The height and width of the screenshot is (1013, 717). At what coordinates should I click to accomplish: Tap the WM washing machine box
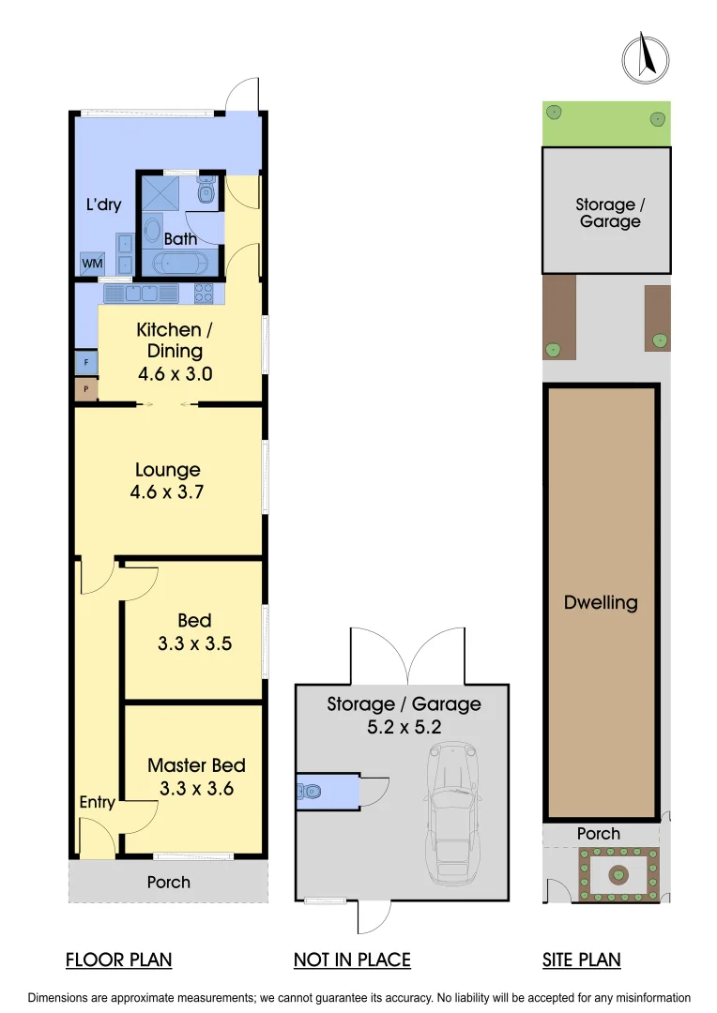pyautogui.click(x=92, y=264)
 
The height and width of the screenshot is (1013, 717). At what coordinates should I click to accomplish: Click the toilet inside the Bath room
pyautogui.click(x=207, y=193)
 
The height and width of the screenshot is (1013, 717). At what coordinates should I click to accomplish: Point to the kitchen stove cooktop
pyautogui.click(x=204, y=294)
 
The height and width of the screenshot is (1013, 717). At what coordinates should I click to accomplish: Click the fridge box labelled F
pyautogui.click(x=86, y=362)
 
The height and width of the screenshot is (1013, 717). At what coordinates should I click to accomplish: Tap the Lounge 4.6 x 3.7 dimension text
pyautogui.click(x=167, y=491)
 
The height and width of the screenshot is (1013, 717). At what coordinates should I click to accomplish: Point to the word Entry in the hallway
pyautogui.click(x=97, y=802)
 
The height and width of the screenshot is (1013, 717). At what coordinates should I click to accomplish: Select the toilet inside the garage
pyautogui.click(x=311, y=792)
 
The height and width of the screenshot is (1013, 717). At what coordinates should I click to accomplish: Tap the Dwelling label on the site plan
pyautogui.click(x=601, y=602)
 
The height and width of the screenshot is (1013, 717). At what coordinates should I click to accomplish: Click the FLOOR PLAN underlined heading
pyautogui.click(x=118, y=960)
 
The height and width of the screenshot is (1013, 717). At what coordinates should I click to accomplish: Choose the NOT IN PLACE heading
pyautogui.click(x=352, y=960)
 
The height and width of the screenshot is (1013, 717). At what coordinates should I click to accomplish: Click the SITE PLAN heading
pyautogui.click(x=581, y=960)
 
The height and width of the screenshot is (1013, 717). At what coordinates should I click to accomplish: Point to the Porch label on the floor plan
pyautogui.click(x=169, y=882)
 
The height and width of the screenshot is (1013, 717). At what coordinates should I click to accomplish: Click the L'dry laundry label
pyautogui.click(x=103, y=204)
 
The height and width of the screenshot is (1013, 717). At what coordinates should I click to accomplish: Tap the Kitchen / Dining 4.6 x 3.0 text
pyautogui.click(x=175, y=351)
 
